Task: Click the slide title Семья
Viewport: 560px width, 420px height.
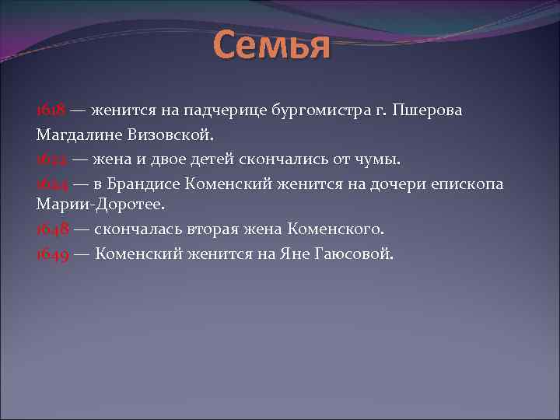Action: [271, 45]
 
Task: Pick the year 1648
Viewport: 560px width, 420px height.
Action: [51, 229]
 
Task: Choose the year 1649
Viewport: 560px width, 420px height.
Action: [51, 254]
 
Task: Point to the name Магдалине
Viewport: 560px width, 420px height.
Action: [75, 135]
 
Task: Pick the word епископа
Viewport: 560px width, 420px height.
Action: [469, 184]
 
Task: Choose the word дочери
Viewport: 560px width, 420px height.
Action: [401, 184]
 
